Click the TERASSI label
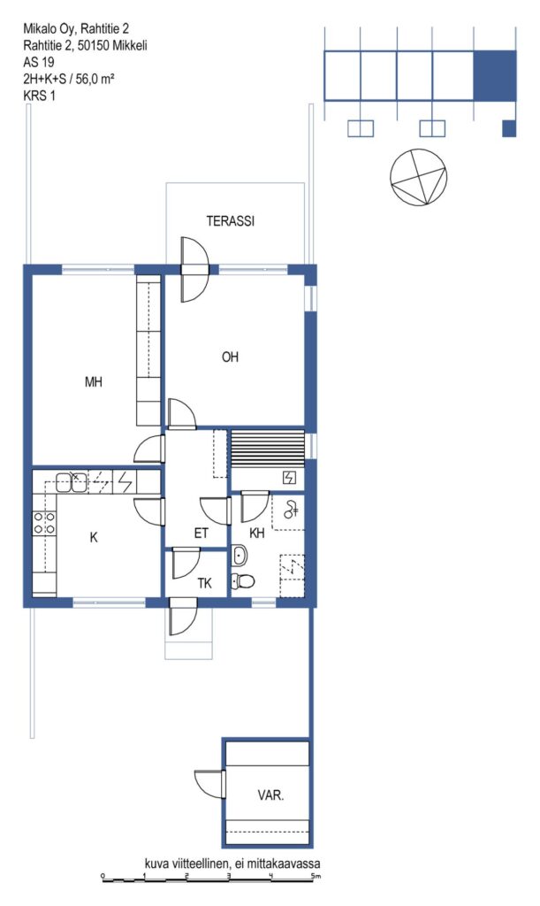tap(230, 221)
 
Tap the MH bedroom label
tap(94, 382)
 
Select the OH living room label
tap(230, 357)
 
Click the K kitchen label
tap(94, 537)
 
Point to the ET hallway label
tap(201, 534)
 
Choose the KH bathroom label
tap(256, 534)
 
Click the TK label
tap(205, 584)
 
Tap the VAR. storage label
tap(270, 795)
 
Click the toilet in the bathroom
tap(243, 580)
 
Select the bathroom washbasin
tap(239, 556)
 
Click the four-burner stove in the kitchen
tap(44, 523)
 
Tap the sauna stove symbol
tap(289, 477)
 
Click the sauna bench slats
tap(267, 449)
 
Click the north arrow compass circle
tap(419, 176)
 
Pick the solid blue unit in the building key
tap(494, 75)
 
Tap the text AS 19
tap(39, 62)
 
